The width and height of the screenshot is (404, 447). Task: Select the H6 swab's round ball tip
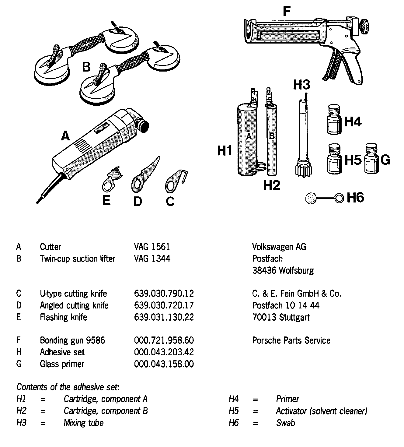[x=311, y=199]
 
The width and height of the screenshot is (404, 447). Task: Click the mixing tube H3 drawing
[x=304, y=137]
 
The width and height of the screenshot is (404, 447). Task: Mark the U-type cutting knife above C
[x=174, y=182]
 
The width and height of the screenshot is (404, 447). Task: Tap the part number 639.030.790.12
[x=164, y=294]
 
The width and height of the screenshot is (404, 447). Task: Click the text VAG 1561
[x=152, y=247]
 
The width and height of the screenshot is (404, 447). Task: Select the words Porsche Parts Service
[x=291, y=340]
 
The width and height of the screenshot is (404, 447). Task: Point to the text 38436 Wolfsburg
[x=283, y=270]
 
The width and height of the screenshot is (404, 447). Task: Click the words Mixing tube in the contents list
[x=83, y=423]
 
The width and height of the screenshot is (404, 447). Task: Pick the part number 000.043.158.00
[x=164, y=364]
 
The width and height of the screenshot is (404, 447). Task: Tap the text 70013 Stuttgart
[x=281, y=317]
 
